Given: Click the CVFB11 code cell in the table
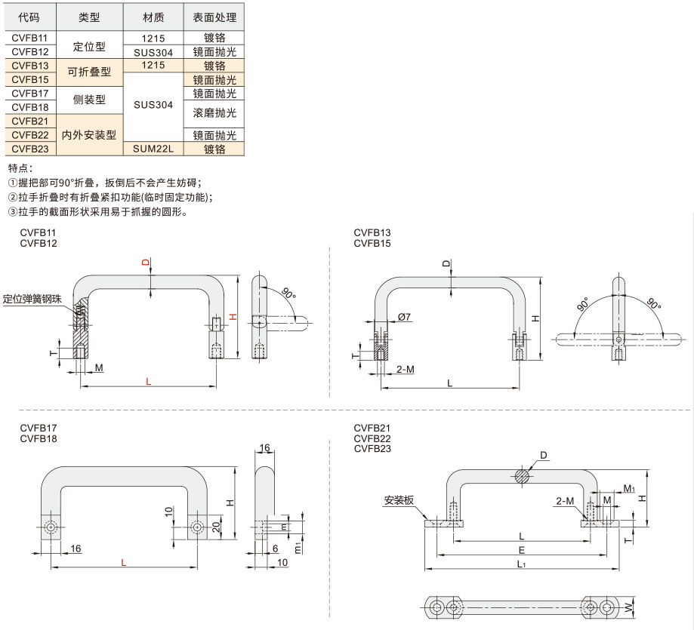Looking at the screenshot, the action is [x=30, y=38].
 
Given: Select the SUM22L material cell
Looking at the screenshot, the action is [x=153, y=149].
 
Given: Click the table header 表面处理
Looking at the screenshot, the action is [x=214, y=17].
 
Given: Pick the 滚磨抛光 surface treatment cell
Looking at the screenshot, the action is [x=214, y=113].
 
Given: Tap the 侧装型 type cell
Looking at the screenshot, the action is [x=89, y=100].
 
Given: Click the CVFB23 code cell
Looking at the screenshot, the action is [x=30, y=149].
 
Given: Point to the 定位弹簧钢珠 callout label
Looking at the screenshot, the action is [x=32, y=299].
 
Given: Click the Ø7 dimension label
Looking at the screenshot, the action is [x=404, y=317].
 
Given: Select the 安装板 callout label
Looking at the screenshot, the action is [x=399, y=500].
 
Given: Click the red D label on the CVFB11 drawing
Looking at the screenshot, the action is [x=146, y=263].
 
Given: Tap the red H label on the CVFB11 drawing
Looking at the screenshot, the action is [x=233, y=317].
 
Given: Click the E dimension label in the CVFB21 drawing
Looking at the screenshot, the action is [x=522, y=550].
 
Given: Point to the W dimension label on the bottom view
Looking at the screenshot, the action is [x=629, y=608].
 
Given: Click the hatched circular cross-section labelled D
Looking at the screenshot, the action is [x=523, y=475].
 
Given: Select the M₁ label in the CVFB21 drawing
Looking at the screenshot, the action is [x=629, y=488].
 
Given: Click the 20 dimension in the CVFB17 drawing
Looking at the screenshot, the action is [x=216, y=527].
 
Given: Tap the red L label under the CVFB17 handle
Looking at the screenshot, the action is [x=124, y=562].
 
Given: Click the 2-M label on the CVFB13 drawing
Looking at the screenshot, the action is [x=406, y=369].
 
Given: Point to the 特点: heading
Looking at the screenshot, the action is [x=20, y=168].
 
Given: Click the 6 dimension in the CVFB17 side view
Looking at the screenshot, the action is [x=276, y=549].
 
